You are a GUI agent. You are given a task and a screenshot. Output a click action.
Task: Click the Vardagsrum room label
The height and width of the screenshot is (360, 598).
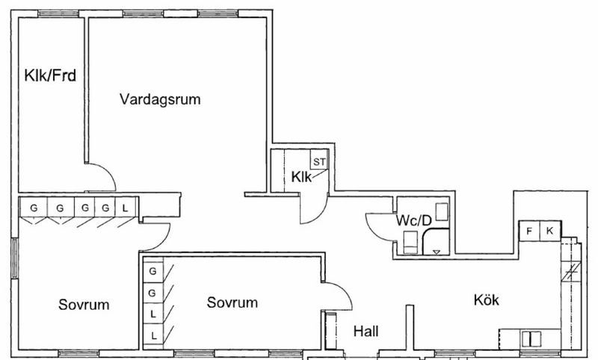pyautogui.click(x=160, y=99)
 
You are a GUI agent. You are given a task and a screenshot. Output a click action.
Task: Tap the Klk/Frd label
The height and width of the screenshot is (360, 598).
pyautogui.click(x=49, y=75)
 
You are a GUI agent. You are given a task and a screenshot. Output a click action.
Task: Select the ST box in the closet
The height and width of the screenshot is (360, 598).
pyautogui.click(x=319, y=161)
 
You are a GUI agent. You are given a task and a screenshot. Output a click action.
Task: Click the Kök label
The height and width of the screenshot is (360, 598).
pyautogui.click(x=486, y=300)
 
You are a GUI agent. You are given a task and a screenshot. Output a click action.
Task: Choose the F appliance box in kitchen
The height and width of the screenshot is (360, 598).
pyautogui.click(x=529, y=231)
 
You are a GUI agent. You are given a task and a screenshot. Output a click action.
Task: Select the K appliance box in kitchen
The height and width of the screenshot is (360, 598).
pyautogui.click(x=549, y=231)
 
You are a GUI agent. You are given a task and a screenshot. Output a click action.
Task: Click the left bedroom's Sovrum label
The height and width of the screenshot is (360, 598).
pyautogui.click(x=84, y=305)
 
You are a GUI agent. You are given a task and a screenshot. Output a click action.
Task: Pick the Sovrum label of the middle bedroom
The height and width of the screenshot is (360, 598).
pyautogui.click(x=232, y=302)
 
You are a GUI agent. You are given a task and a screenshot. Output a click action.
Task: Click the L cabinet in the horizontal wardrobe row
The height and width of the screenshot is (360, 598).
pyautogui.click(x=126, y=208)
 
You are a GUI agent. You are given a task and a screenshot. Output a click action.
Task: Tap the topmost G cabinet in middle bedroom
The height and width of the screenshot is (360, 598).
pyautogui.click(x=153, y=270)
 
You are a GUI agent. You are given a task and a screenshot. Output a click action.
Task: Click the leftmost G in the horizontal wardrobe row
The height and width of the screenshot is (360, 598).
pyautogui.click(x=33, y=208)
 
